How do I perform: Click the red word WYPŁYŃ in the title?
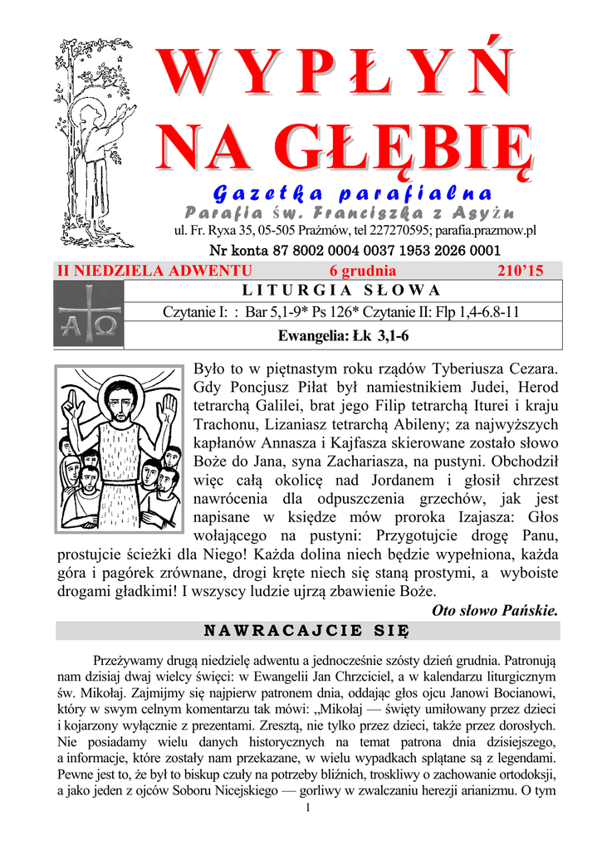340,73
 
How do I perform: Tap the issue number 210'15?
520,271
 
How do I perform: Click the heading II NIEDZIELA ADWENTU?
154,271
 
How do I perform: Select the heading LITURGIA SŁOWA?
340,291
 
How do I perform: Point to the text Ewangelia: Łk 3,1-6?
343,335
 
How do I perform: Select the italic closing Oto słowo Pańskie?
495,611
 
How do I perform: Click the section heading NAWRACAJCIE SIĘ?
307,631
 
